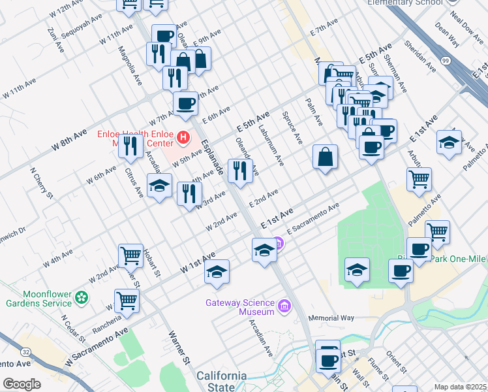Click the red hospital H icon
[183, 139]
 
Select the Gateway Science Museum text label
[240, 307]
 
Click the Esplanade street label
[212, 158]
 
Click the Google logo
[22, 384]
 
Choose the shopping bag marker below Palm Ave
[325, 157]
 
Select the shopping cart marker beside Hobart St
[130, 255]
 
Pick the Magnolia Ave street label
[129, 65]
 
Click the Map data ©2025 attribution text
[460, 387]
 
